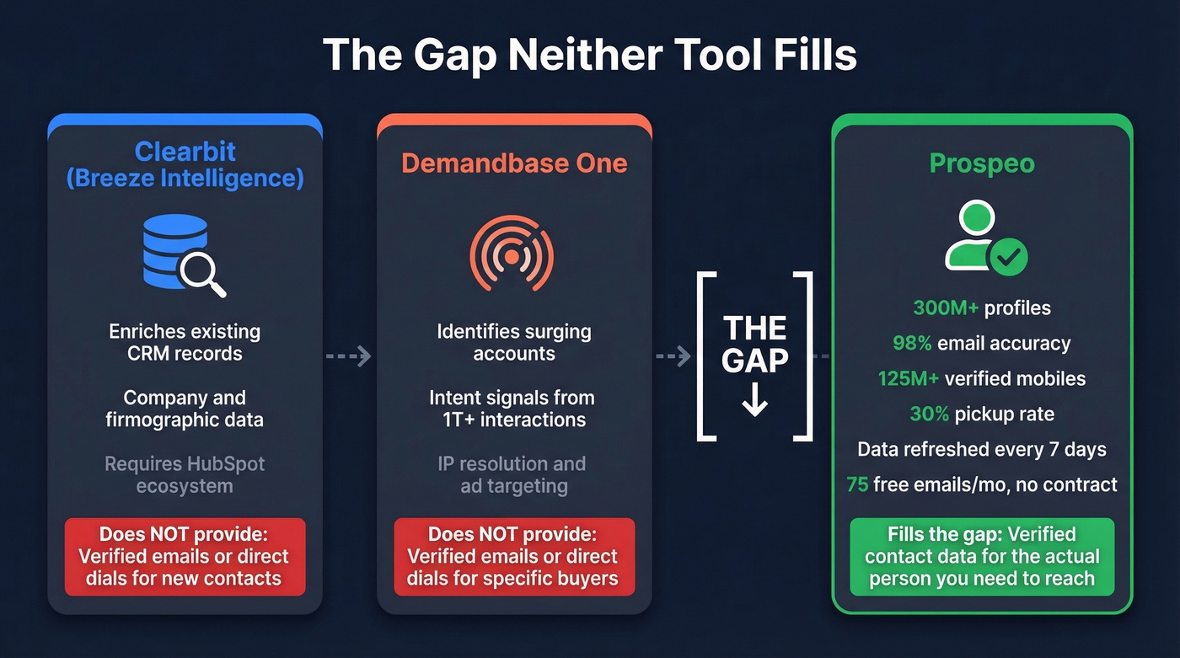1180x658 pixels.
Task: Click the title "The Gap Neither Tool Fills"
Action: (x=589, y=56)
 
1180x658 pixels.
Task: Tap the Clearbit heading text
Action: (x=185, y=164)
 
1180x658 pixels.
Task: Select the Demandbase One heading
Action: (x=514, y=163)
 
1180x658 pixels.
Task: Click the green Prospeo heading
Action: (x=982, y=163)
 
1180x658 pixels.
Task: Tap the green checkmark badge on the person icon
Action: (x=1007, y=256)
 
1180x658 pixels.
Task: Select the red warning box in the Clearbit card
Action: (x=185, y=556)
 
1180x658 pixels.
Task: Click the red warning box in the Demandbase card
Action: (x=513, y=556)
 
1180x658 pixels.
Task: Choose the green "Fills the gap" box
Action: (x=982, y=556)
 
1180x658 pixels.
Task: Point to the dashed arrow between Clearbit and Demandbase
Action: (x=348, y=356)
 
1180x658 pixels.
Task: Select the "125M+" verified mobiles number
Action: (x=908, y=378)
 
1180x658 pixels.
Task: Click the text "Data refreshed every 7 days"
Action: (x=982, y=449)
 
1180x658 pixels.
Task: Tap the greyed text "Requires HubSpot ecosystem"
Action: (x=185, y=474)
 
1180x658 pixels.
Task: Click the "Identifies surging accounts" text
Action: (x=514, y=342)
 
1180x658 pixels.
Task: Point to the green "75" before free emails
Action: (x=857, y=484)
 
